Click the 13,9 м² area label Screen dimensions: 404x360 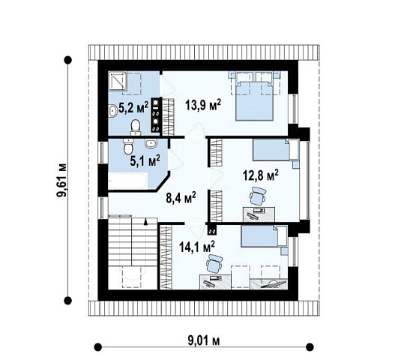[203, 105]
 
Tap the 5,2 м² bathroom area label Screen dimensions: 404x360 [133, 107]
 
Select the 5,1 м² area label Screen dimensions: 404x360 [145, 160]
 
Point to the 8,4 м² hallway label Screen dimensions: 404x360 [181, 197]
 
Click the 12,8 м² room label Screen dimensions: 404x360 [261, 175]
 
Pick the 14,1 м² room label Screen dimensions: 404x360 [197, 247]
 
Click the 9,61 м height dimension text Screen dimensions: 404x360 [61, 180]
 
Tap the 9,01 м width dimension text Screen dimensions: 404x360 [204, 341]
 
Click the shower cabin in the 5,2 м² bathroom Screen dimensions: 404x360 [117, 81]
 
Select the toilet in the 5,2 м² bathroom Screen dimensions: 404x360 [136, 127]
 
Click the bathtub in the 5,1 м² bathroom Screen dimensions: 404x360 [128, 181]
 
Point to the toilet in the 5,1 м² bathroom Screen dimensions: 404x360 [128, 146]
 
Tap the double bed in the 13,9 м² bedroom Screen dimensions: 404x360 [254, 100]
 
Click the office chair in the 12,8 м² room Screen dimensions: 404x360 [257, 196]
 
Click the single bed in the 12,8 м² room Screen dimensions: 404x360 [276, 150]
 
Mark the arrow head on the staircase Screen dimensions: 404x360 [146, 222]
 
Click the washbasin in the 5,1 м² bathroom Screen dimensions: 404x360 [151, 144]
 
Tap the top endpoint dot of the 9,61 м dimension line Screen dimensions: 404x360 [67, 60]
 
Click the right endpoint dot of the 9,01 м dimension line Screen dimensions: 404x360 [310, 346]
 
